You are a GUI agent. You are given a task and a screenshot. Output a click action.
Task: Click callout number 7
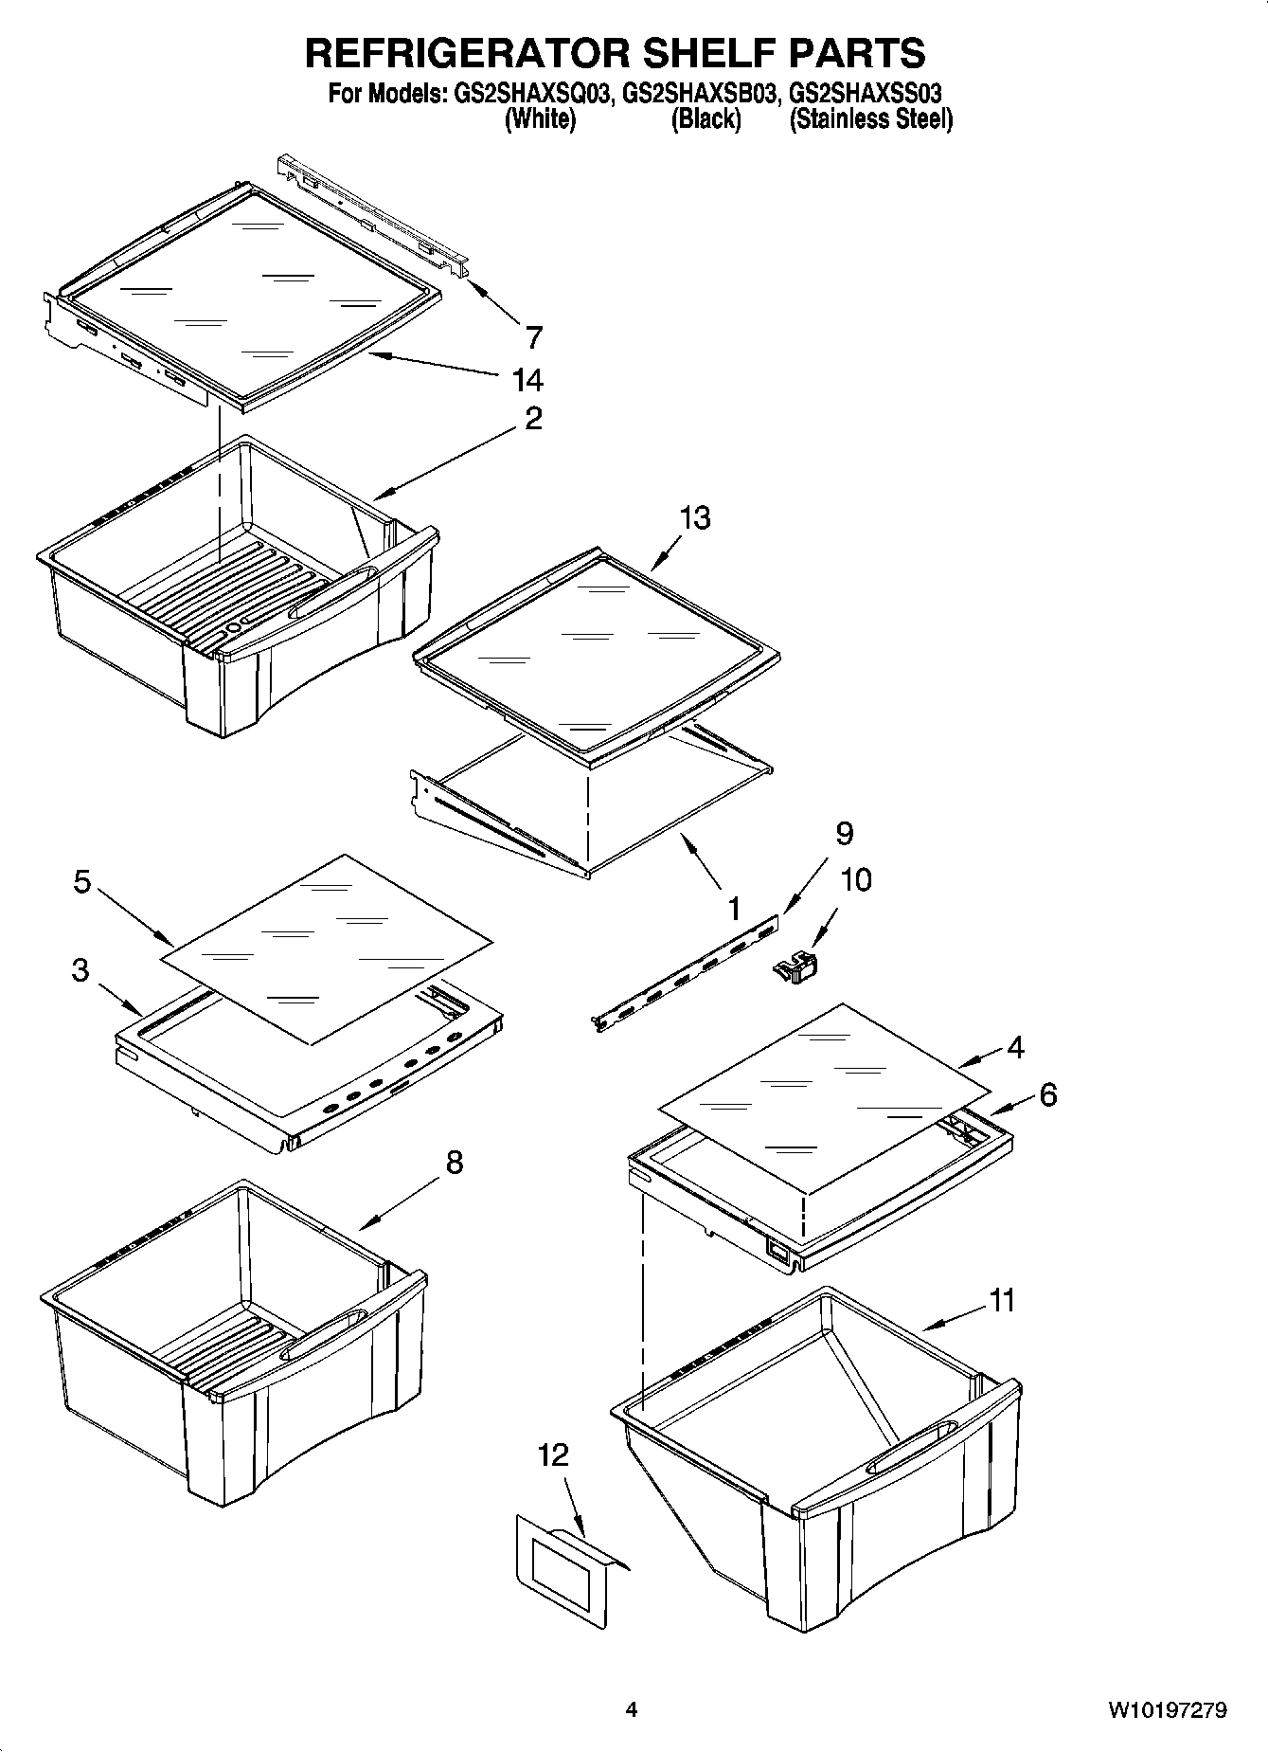[x=533, y=336]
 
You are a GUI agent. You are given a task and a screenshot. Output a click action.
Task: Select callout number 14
[x=527, y=380]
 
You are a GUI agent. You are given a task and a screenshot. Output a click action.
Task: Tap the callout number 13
[x=694, y=518]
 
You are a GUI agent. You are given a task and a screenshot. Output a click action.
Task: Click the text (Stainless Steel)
[x=870, y=119]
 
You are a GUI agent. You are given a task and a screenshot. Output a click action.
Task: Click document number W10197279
[x=1167, y=1709]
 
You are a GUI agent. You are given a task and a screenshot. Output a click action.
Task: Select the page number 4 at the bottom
[x=632, y=1709]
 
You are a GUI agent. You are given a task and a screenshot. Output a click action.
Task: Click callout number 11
[x=1001, y=1300]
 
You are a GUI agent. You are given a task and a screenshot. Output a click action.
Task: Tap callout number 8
[x=454, y=1162]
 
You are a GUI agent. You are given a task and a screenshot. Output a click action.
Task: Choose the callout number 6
[x=1047, y=1094]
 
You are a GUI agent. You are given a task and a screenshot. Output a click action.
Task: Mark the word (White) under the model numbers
[x=540, y=119]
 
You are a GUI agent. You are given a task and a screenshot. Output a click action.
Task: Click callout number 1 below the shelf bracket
[x=733, y=910]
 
